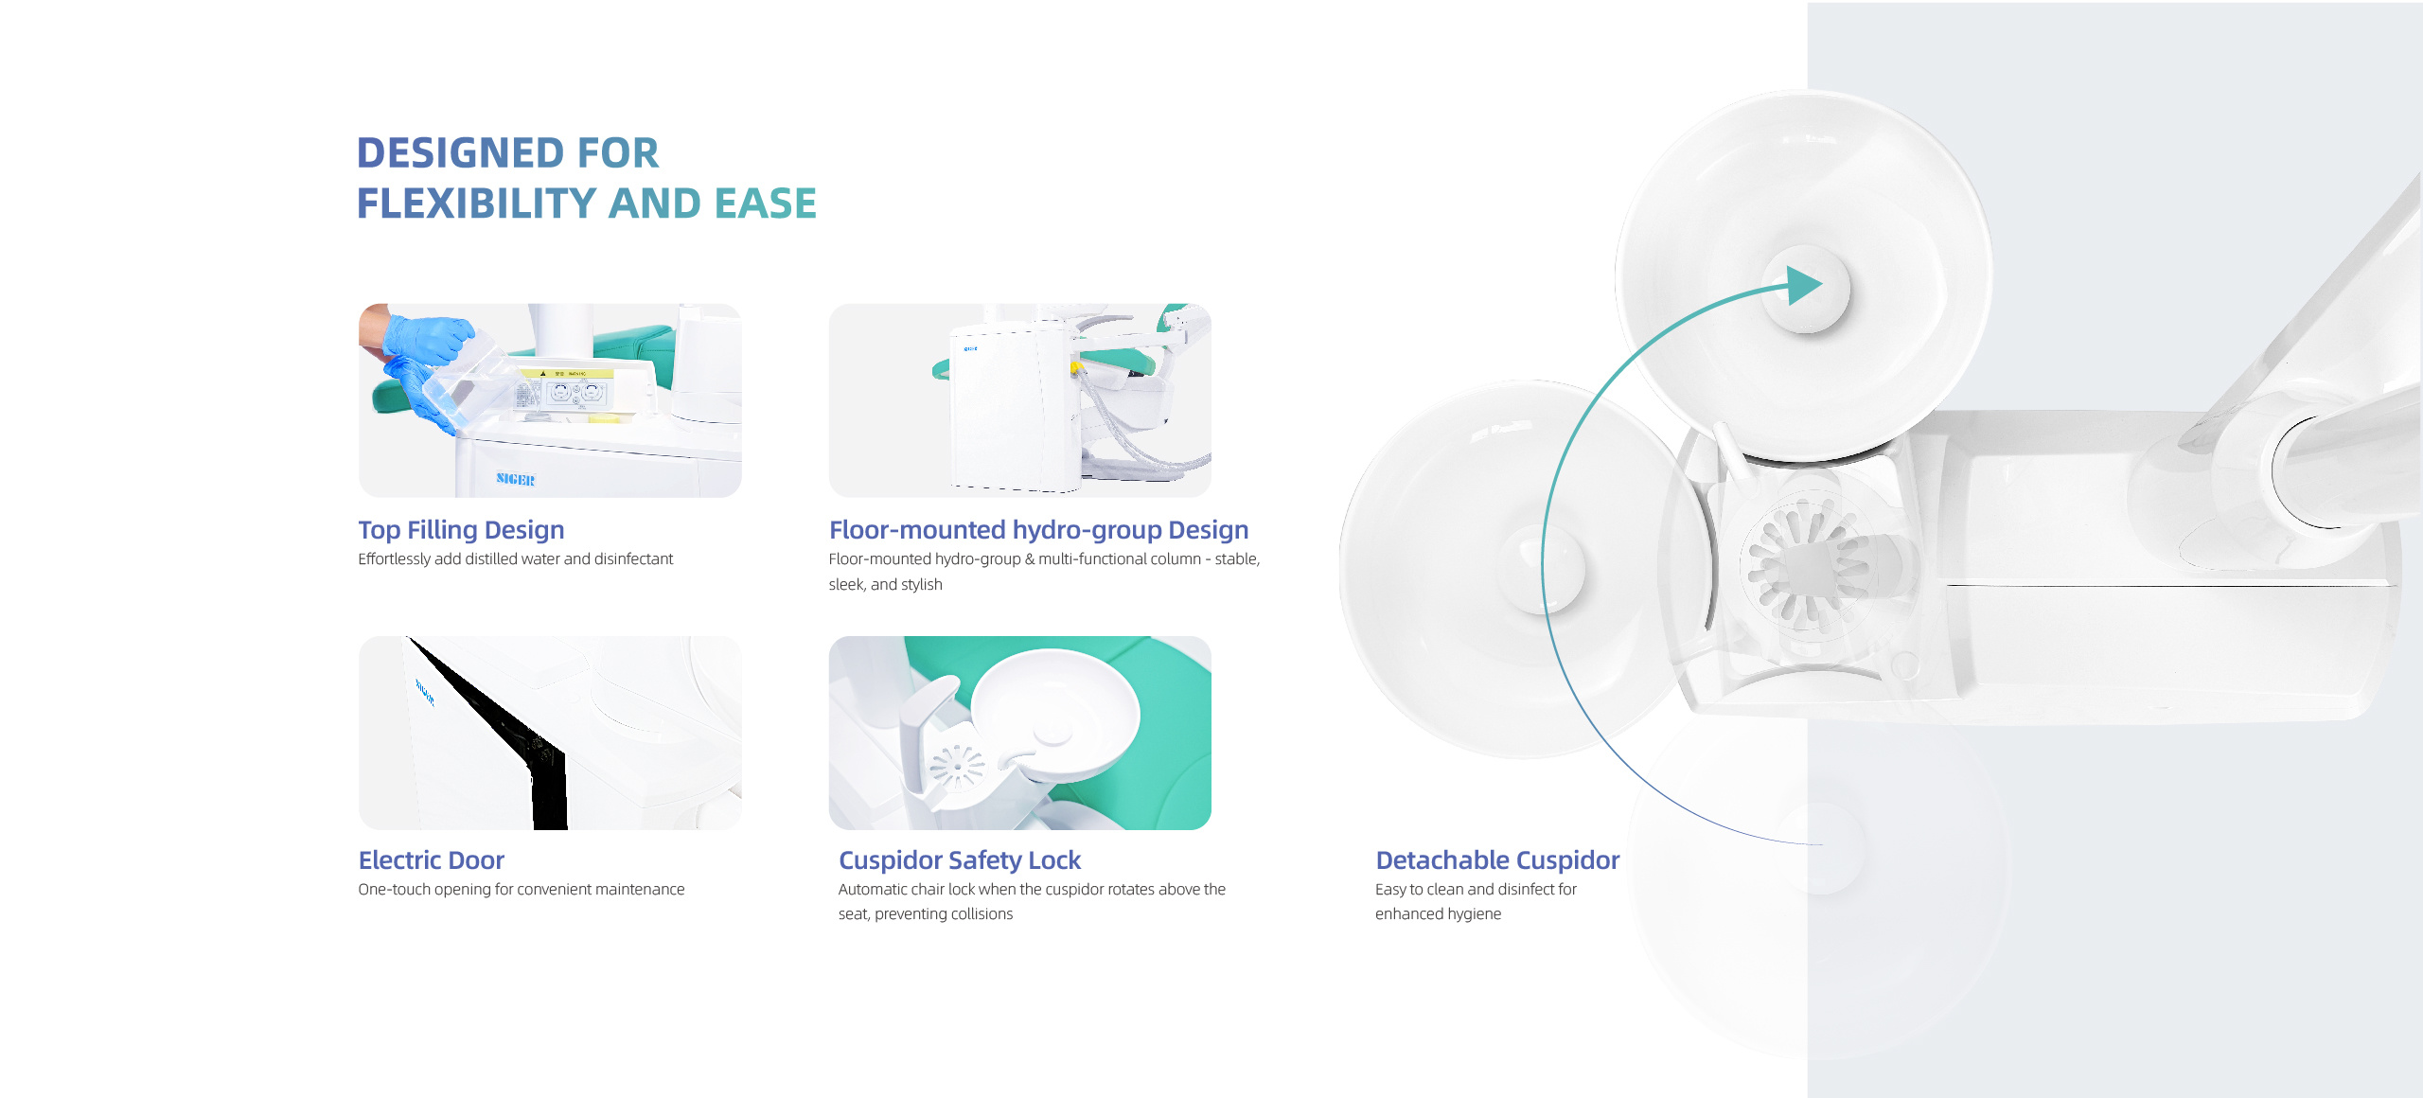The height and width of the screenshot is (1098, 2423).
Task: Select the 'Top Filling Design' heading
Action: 461,530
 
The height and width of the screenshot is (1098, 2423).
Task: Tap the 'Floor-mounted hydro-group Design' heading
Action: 1038,530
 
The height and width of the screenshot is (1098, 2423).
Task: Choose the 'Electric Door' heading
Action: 431,860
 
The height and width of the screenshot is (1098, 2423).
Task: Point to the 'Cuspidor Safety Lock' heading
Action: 959,860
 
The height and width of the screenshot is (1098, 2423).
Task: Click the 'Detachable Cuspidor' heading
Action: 1497,860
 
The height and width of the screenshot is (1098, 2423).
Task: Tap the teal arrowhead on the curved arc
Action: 1804,285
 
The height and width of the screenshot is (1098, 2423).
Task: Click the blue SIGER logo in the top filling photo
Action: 516,479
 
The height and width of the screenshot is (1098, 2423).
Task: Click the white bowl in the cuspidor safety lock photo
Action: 1054,715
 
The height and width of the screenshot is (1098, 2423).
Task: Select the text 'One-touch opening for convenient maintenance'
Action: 521,890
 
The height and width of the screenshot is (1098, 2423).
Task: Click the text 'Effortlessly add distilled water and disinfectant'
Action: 515,559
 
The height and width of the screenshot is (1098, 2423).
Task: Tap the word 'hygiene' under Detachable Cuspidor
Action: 1474,914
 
